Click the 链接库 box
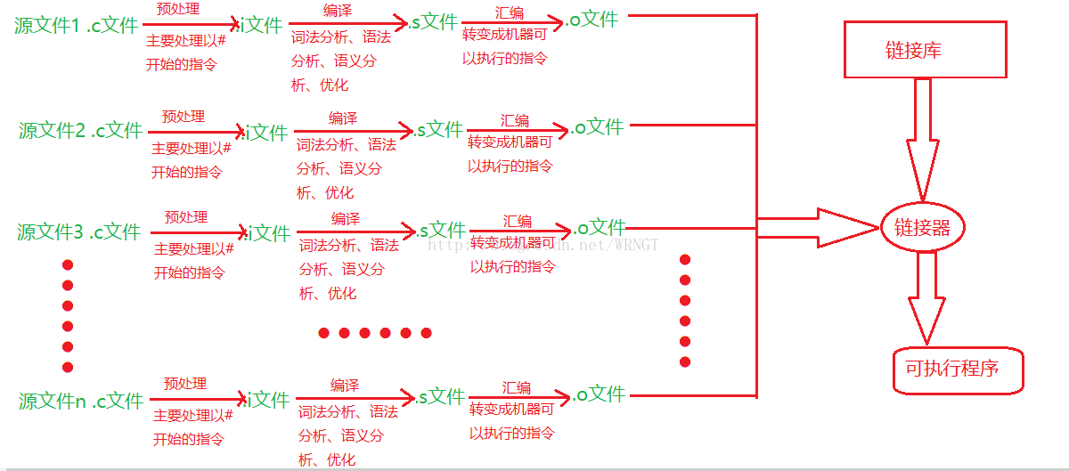[x=926, y=51]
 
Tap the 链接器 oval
[x=923, y=228]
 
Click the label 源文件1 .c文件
[x=76, y=26]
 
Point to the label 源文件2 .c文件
[x=80, y=131]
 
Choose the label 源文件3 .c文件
[x=78, y=232]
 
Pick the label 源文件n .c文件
[x=80, y=401]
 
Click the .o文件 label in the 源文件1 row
[x=592, y=20]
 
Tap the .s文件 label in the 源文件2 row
[x=437, y=130]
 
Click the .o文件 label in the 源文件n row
[x=599, y=394]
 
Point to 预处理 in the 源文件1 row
[x=177, y=10]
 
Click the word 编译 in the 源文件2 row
[x=342, y=118]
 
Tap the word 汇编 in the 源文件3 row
[x=517, y=221]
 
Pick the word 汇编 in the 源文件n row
[x=517, y=387]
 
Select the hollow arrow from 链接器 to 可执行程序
[x=926, y=298]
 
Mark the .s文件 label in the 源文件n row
[x=438, y=396]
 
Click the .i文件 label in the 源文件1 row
[x=262, y=26]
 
